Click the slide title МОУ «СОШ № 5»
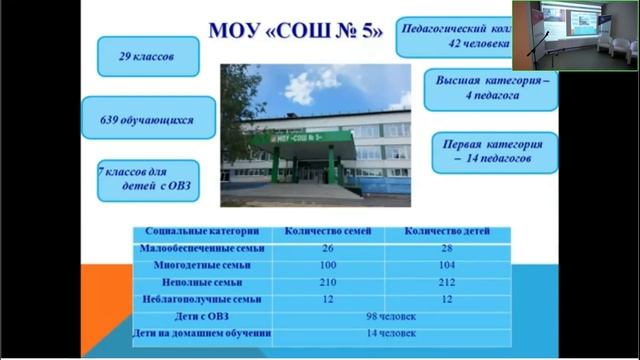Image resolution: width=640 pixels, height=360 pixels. click(295, 31)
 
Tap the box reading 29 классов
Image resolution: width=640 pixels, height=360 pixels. click(147, 57)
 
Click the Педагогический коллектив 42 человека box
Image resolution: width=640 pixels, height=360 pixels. click(454, 36)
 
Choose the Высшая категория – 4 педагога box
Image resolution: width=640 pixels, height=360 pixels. click(489, 87)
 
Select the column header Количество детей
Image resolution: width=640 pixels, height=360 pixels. click(447, 231)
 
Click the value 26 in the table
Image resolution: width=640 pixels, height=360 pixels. click(328, 248)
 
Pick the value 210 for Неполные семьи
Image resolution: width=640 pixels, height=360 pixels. click(328, 282)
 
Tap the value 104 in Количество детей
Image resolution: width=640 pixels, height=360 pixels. click(447, 265)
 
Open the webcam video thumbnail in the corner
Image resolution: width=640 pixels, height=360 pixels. click(576, 35)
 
